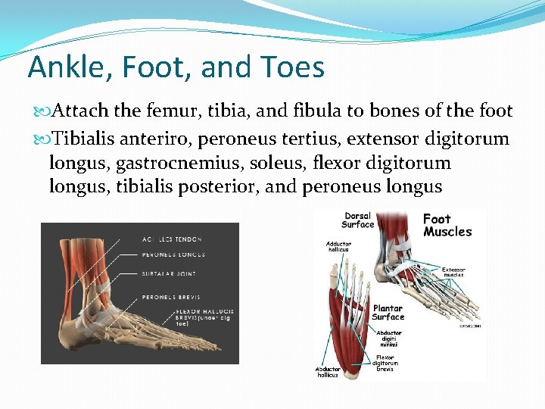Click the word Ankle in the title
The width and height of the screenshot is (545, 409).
click(63, 67)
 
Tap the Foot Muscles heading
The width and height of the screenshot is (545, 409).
click(447, 225)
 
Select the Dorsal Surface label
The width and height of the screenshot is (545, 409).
click(358, 220)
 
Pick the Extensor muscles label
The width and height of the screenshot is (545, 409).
click(453, 271)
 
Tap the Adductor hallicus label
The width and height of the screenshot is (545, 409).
click(338, 248)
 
